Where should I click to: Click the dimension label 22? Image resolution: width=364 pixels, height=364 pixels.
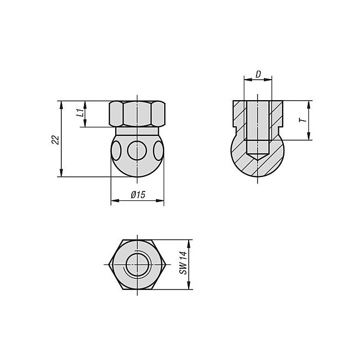tap(56, 140)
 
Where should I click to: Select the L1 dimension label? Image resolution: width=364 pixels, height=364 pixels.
tap(80, 113)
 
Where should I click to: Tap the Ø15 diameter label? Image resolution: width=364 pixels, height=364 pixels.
tap(138, 195)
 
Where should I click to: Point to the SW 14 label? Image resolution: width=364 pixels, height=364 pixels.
tap(184, 263)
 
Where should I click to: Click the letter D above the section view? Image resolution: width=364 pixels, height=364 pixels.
tap(258, 74)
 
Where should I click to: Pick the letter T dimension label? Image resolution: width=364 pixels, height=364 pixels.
tap(303, 120)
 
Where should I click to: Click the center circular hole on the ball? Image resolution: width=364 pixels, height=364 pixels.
tap(137, 150)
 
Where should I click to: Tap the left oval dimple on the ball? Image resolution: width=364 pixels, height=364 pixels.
tap(116, 151)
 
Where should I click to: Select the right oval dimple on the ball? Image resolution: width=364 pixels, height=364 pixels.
tap(159, 151)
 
